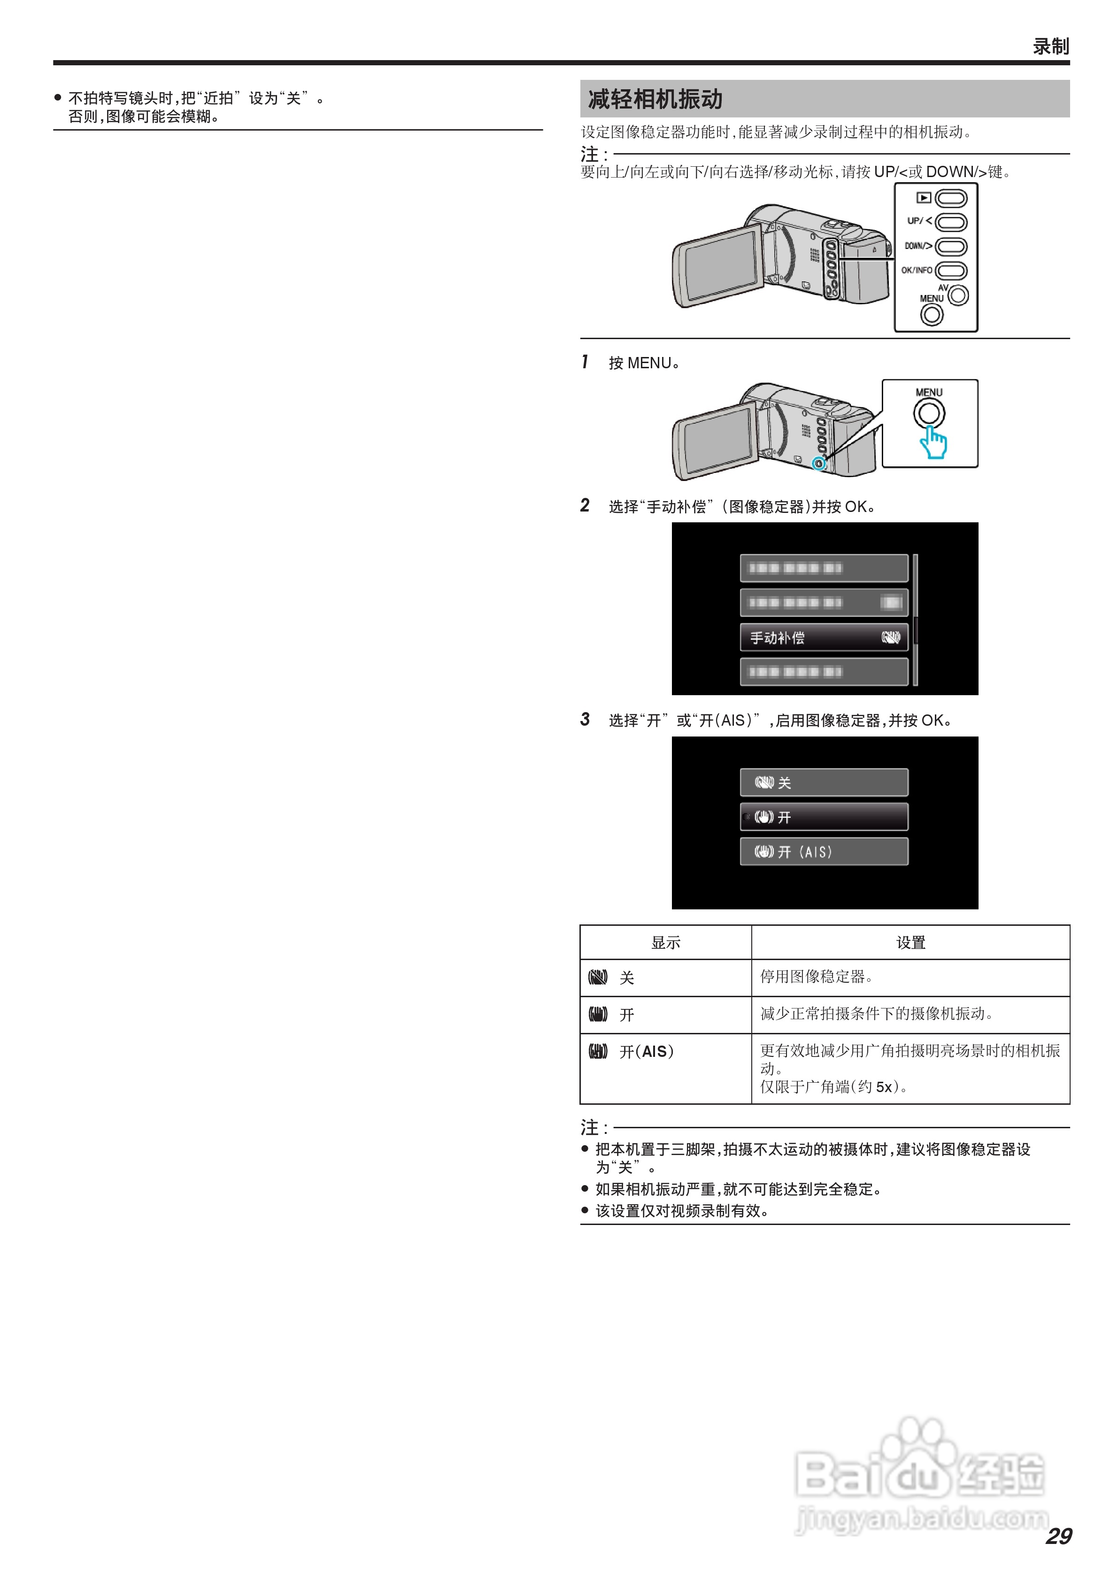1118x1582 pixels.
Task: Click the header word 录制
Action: point(1050,46)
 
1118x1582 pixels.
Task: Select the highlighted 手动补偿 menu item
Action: point(824,637)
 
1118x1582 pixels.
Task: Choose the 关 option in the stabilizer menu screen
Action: point(824,783)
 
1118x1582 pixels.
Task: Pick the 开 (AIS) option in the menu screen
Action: point(824,852)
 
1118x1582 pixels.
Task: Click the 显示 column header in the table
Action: point(665,943)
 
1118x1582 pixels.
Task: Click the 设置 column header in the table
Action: point(910,943)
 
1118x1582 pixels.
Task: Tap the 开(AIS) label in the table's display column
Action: point(646,1051)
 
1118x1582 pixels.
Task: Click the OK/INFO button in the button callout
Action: point(951,271)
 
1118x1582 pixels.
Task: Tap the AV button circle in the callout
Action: point(958,295)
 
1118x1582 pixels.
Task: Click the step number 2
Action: point(585,506)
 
